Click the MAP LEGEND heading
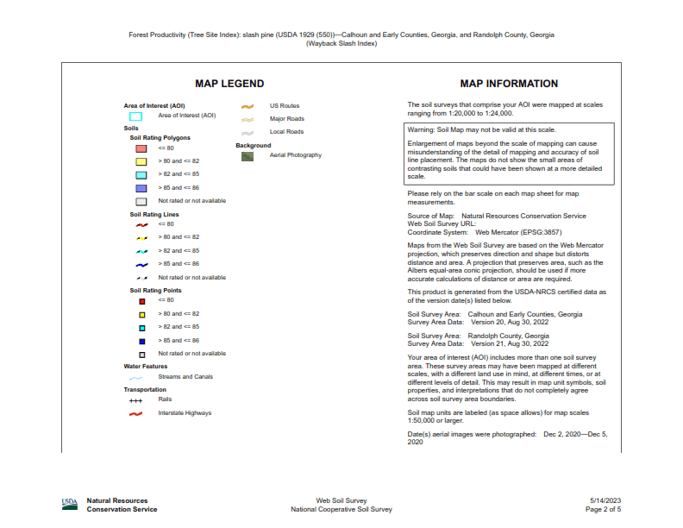point(229,84)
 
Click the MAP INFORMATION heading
point(509,84)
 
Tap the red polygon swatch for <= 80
point(141,148)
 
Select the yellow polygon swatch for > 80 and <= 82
point(141,161)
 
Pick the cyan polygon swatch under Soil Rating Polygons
point(141,174)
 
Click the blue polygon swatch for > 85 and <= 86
point(141,187)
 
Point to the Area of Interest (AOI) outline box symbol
point(135,116)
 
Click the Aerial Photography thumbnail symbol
point(248,155)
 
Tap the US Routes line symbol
point(248,106)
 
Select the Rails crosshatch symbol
point(135,400)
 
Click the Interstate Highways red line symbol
point(135,413)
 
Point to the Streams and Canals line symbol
point(135,377)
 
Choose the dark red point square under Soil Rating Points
point(141,301)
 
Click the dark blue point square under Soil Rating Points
point(141,341)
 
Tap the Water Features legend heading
point(146,366)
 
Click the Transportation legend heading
point(145,390)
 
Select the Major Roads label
point(286,119)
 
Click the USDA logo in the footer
point(70,502)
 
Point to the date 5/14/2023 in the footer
point(605,500)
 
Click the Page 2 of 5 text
point(603,509)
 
